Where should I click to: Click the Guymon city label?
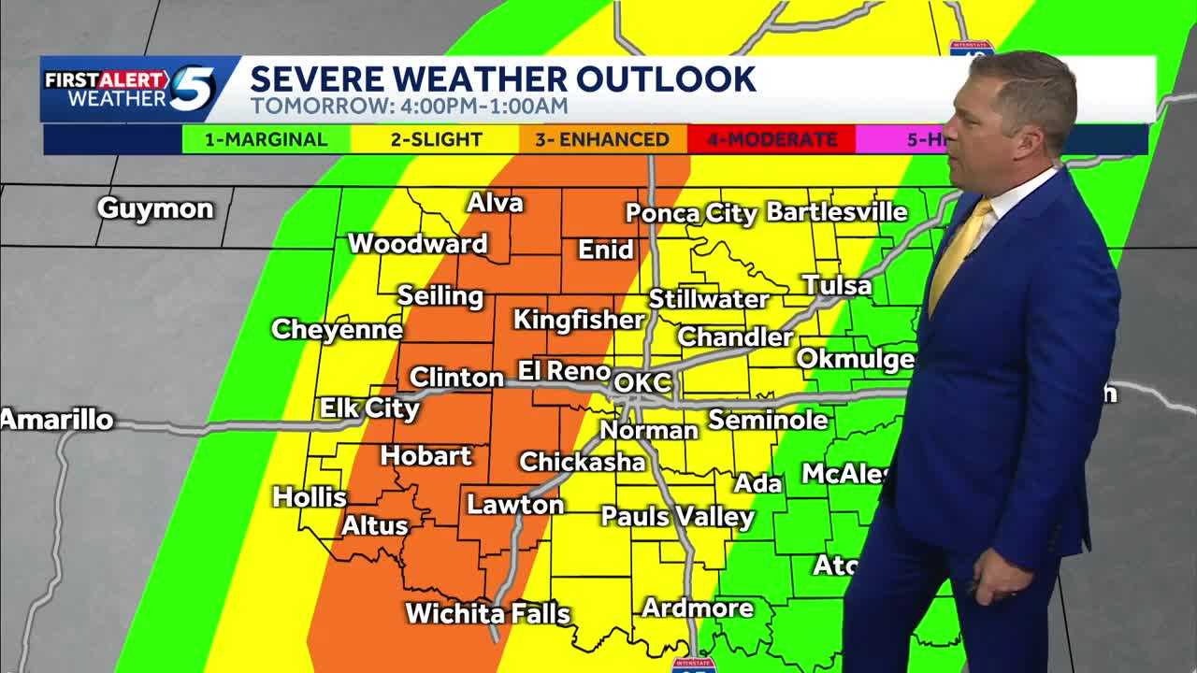click(x=155, y=208)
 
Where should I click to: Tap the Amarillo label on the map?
click(x=57, y=420)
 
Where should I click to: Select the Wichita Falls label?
click(x=487, y=613)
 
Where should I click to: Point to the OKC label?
click(x=642, y=382)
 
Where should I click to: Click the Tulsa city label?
click(x=837, y=285)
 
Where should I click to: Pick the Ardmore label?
click(x=698, y=608)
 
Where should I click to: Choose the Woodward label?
click(x=417, y=244)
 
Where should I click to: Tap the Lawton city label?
click(x=515, y=505)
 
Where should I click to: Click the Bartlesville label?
click(x=836, y=212)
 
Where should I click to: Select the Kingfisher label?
click(x=579, y=320)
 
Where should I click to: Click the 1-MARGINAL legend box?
click(x=266, y=140)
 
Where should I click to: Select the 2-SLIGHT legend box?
click(x=435, y=140)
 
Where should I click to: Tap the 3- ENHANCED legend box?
click(x=603, y=140)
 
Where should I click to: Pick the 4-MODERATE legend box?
click(x=772, y=140)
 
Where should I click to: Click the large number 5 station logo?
click(x=194, y=90)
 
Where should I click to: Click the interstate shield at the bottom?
click(x=694, y=665)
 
